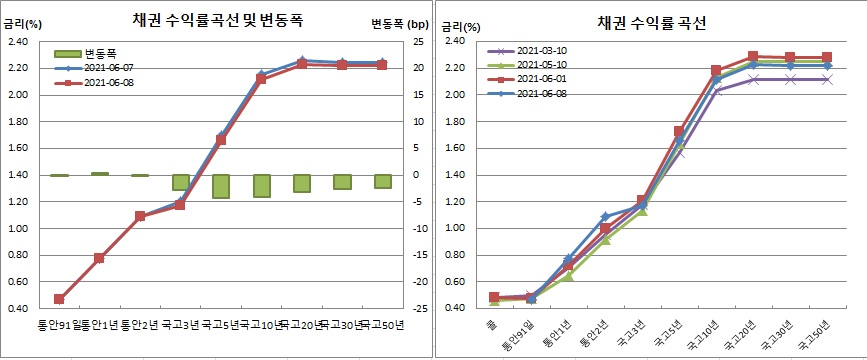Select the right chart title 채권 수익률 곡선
tap(651, 22)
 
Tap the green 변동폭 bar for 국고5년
tap(221, 186)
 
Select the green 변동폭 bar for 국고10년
tap(261, 186)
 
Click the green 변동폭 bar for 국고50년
tap(382, 181)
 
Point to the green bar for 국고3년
tap(181, 182)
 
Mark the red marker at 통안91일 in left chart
tap(59, 298)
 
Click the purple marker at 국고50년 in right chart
tap(827, 79)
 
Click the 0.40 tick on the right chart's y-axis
tap(454, 308)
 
